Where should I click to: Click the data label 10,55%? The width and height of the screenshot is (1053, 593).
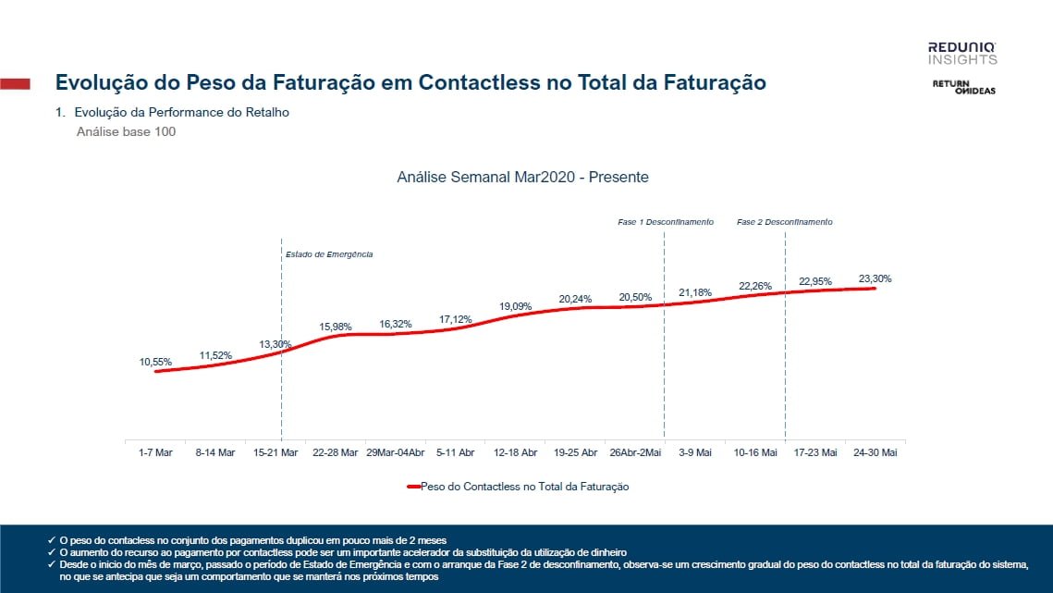click(x=155, y=362)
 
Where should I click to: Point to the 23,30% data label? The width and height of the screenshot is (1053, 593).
click(x=875, y=278)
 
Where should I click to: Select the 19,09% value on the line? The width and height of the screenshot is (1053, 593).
click(x=516, y=305)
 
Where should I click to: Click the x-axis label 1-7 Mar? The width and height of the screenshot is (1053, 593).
click(x=155, y=452)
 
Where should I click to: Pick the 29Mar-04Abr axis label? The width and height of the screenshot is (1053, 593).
click(x=396, y=452)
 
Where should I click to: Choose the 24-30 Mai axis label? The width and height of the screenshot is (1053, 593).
click(x=875, y=452)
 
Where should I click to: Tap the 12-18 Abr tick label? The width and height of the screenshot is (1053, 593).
click(x=516, y=452)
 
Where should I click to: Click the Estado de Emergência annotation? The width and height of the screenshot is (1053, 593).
click(x=329, y=254)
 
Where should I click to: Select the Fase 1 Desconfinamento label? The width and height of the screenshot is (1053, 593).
click(x=666, y=222)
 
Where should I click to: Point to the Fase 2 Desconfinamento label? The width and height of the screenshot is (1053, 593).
click(x=785, y=222)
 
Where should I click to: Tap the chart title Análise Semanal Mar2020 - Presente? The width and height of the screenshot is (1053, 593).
click(x=522, y=177)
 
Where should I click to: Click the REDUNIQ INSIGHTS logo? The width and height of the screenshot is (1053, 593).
click(x=962, y=53)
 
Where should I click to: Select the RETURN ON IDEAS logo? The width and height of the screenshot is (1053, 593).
click(x=962, y=87)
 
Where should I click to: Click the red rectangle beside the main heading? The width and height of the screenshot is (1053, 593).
click(x=15, y=83)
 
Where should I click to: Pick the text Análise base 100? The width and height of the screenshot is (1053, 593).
click(x=126, y=131)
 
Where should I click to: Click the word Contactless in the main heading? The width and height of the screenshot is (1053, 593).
click(x=476, y=82)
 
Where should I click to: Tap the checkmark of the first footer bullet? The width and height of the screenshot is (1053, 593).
click(x=51, y=539)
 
